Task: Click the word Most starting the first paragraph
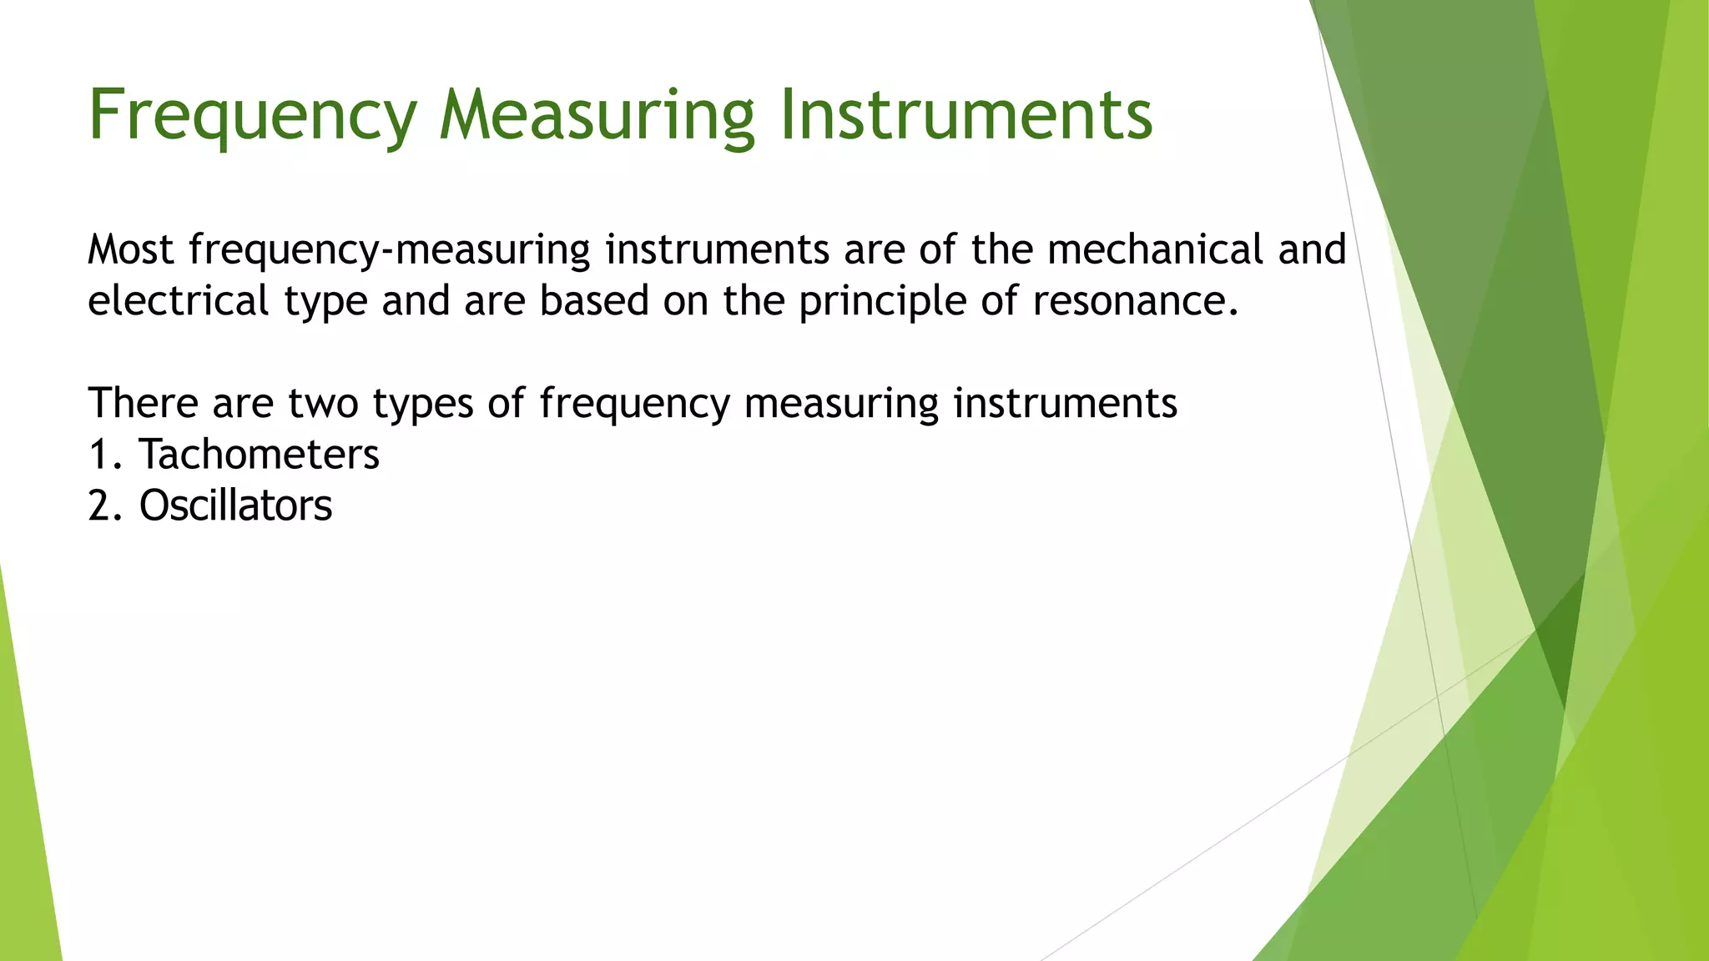pyautogui.click(x=131, y=249)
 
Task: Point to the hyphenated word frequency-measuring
pyautogui.click(x=390, y=251)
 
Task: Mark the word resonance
pyautogui.click(x=1136, y=301)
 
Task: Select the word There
pyautogui.click(x=144, y=403)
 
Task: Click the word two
pyautogui.click(x=323, y=404)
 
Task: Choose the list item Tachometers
pyautogui.click(x=259, y=455)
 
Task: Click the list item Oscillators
pyautogui.click(x=235, y=506)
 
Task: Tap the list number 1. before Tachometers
pyautogui.click(x=106, y=455)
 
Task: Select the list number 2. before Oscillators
pyautogui.click(x=106, y=506)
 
